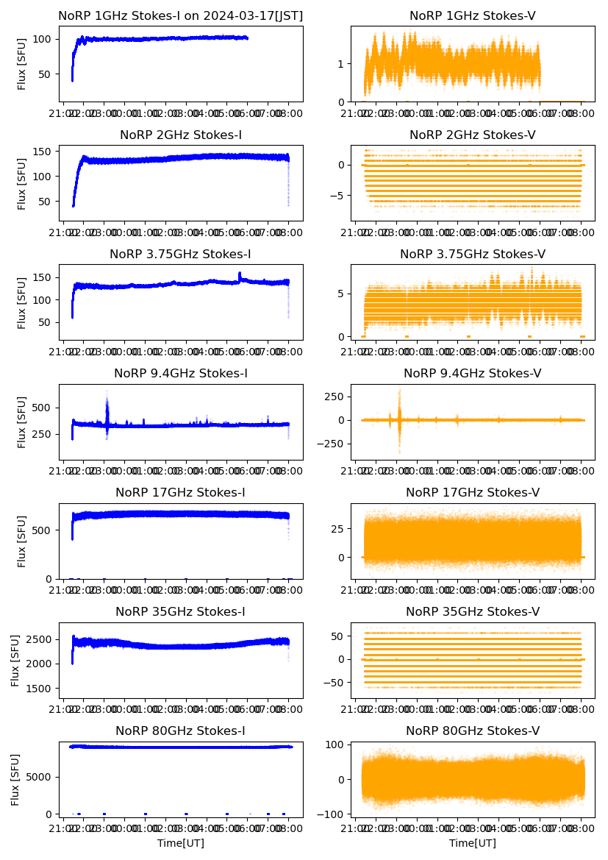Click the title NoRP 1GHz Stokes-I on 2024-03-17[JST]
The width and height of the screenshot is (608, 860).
(181, 15)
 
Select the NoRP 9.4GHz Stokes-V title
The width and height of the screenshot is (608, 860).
(472, 374)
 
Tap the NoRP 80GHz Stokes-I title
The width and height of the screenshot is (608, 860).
(180, 731)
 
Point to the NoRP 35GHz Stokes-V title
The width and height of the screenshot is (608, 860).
(472, 612)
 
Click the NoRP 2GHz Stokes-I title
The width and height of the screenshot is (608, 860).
(181, 135)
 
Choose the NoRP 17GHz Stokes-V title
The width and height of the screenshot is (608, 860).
(472, 493)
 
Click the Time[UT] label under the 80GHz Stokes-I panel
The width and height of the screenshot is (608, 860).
(181, 843)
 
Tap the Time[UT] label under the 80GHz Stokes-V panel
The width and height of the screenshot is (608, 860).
(472, 843)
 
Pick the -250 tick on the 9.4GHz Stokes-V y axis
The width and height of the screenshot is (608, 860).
(335, 444)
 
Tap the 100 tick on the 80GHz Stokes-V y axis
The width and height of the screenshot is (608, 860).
(337, 745)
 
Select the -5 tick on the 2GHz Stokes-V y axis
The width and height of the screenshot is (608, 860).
(340, 196)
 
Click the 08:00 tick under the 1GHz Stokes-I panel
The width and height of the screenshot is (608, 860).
(289, 113)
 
